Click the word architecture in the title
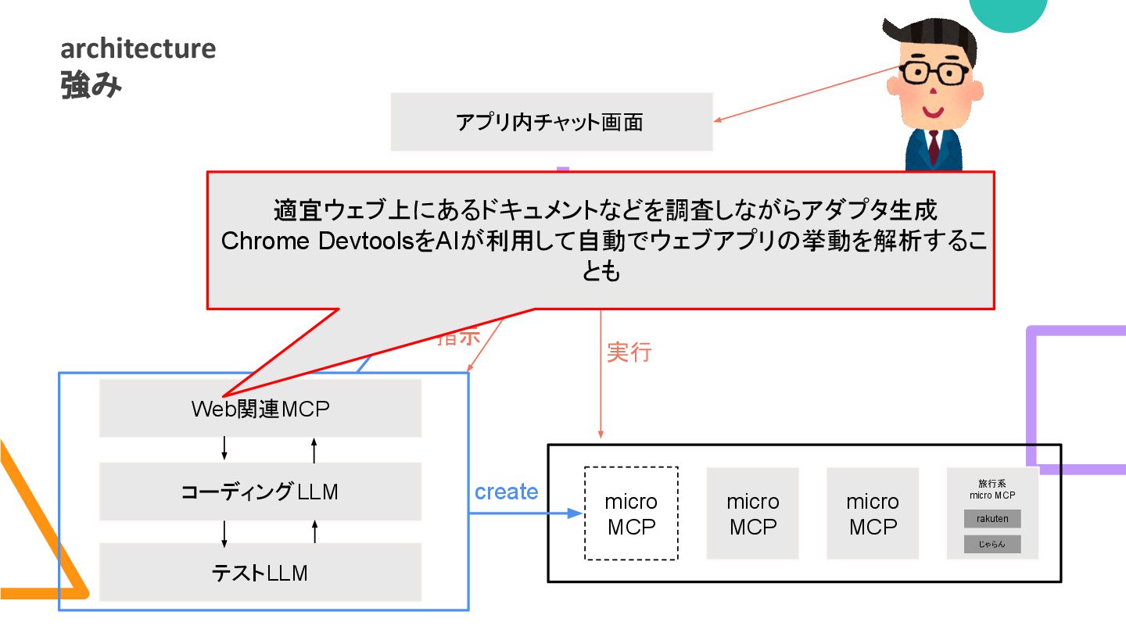click(138, 48)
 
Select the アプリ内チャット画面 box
click(551, 122)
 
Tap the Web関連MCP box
click(260, 409)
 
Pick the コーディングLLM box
click(260, 492)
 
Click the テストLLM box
click(260, 573)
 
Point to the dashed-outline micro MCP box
click(632, 513)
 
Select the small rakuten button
click(992, 519)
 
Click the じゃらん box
click(992, 544)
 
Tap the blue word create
click(507, 492)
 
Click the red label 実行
click(629, 352)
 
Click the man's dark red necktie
click(933, 148)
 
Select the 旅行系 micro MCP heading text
click(992, 489)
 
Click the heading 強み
click(91, 86)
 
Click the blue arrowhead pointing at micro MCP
click(576, 513)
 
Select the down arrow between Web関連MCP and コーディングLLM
click(225, 449)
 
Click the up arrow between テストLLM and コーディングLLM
click(314, 532)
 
